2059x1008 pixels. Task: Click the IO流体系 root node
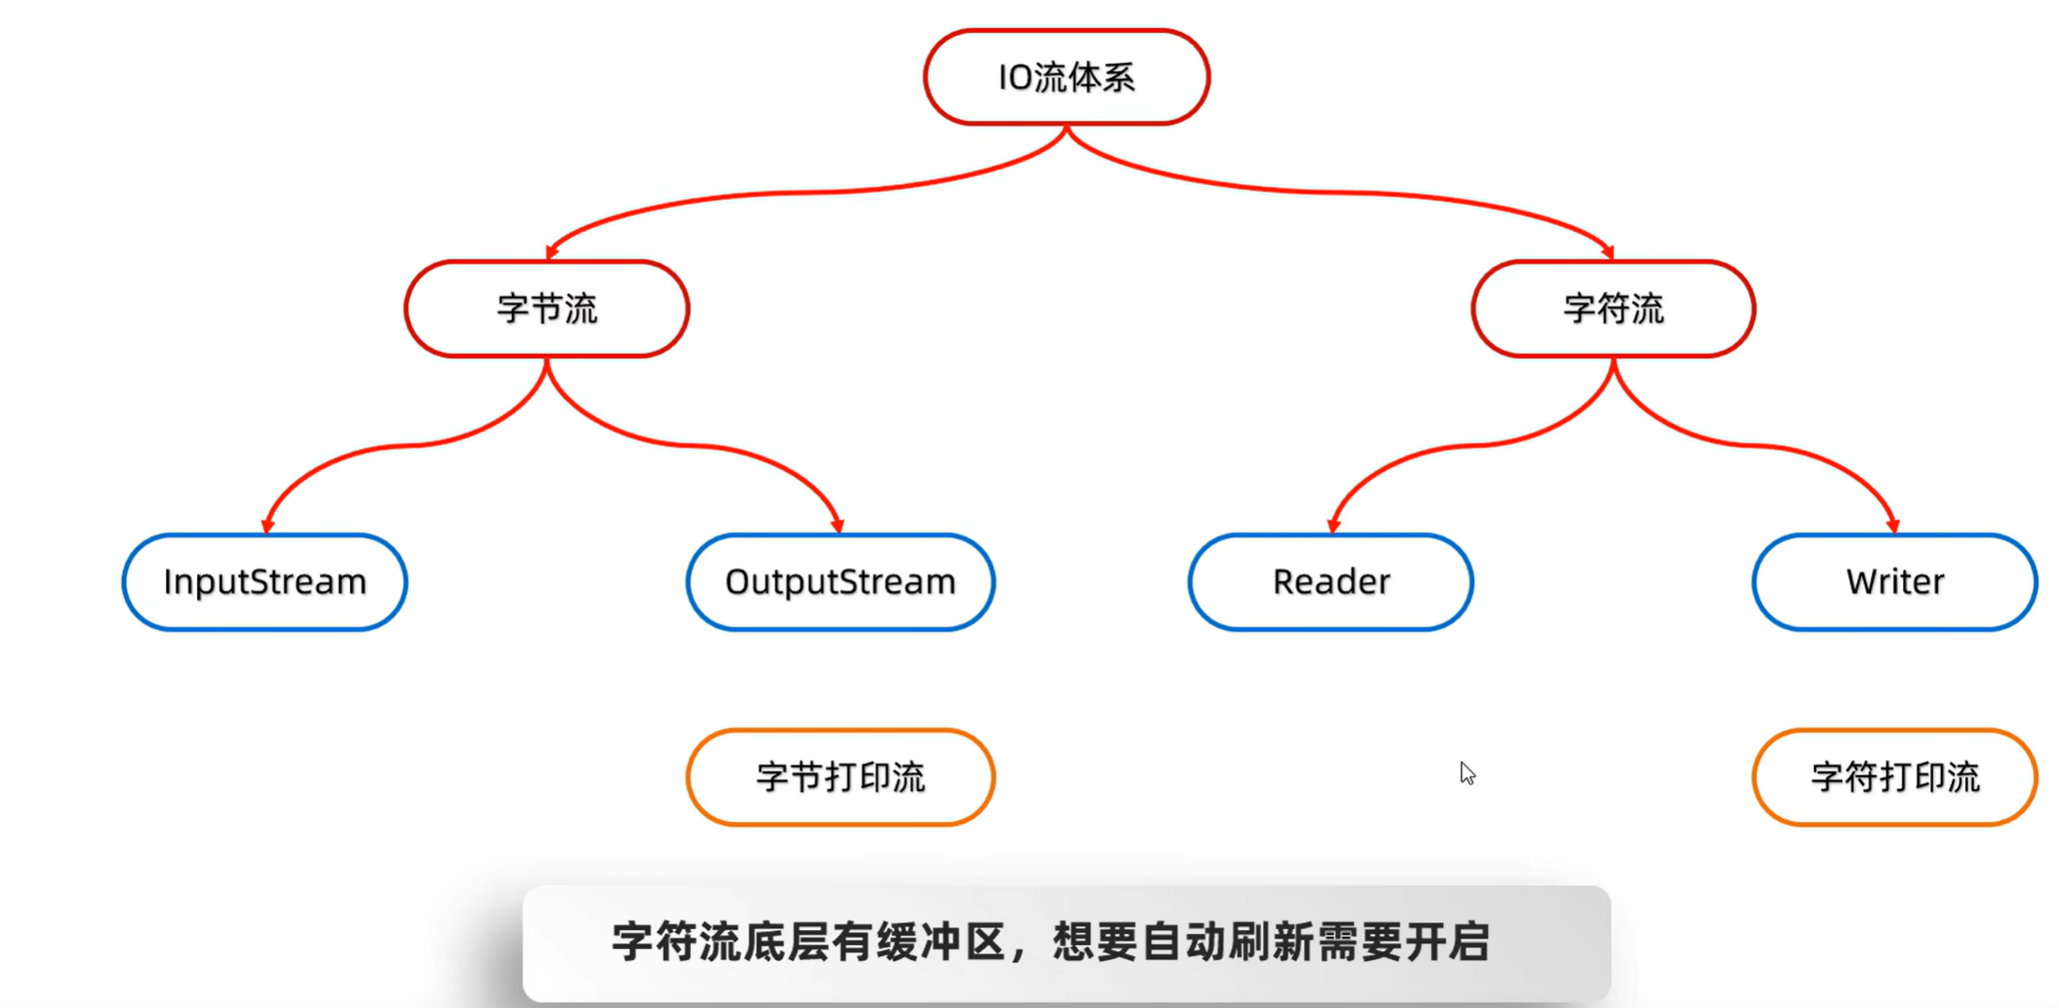click(1066, 77)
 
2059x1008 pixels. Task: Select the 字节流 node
click(546, 308)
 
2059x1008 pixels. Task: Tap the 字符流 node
click(1613, 308)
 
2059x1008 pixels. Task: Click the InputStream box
click(265, 582)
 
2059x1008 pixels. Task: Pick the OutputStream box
click(840, 582)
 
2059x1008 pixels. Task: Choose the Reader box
click(1330, 582)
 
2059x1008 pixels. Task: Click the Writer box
click(1895, 582)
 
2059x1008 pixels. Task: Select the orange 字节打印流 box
click(840, 777)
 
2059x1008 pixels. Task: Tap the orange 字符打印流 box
click(1895, 777)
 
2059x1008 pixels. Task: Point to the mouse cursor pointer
click(1467, 772)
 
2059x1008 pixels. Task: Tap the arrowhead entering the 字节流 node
click(551, 252)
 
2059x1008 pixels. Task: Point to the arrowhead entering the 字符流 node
click(1607, 252)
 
